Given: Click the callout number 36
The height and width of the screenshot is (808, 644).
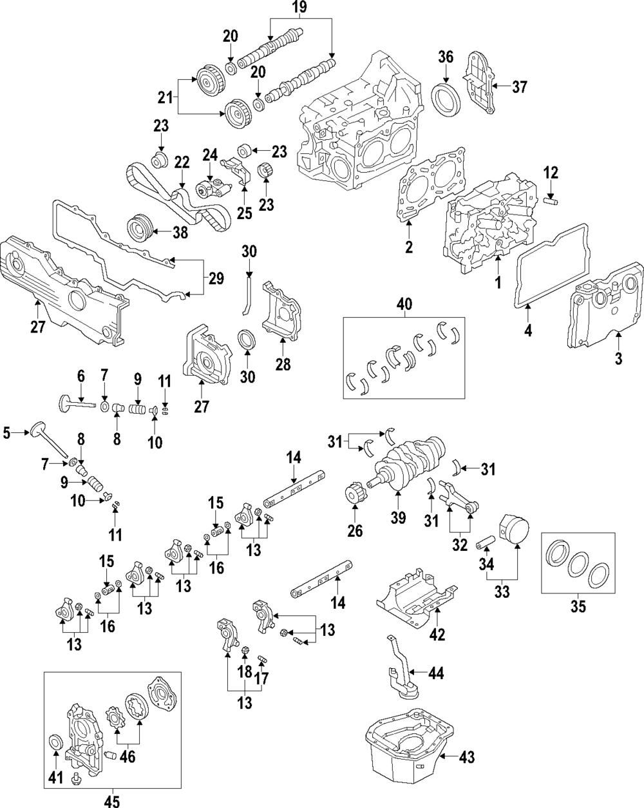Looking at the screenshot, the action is [x=446, y=57].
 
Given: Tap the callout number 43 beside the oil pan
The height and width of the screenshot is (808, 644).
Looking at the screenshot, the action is [x=466, y=757].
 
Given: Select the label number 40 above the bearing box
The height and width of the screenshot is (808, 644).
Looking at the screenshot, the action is [x=404, y=304].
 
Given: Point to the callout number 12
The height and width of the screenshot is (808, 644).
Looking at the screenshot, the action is [x=551, y=173].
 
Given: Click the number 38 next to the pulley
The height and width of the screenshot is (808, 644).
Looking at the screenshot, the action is [x=180, y=233].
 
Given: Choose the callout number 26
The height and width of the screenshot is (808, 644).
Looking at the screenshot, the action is [x=355, y=531].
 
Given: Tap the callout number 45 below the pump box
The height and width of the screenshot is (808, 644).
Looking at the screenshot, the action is [x=112, y=801].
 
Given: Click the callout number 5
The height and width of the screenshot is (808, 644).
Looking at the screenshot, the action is [x=6, y=433].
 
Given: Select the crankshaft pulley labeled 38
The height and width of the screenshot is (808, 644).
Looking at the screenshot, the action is [x=139, y=229].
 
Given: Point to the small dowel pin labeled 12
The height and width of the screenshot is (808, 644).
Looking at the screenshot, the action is [x=551, y=202].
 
